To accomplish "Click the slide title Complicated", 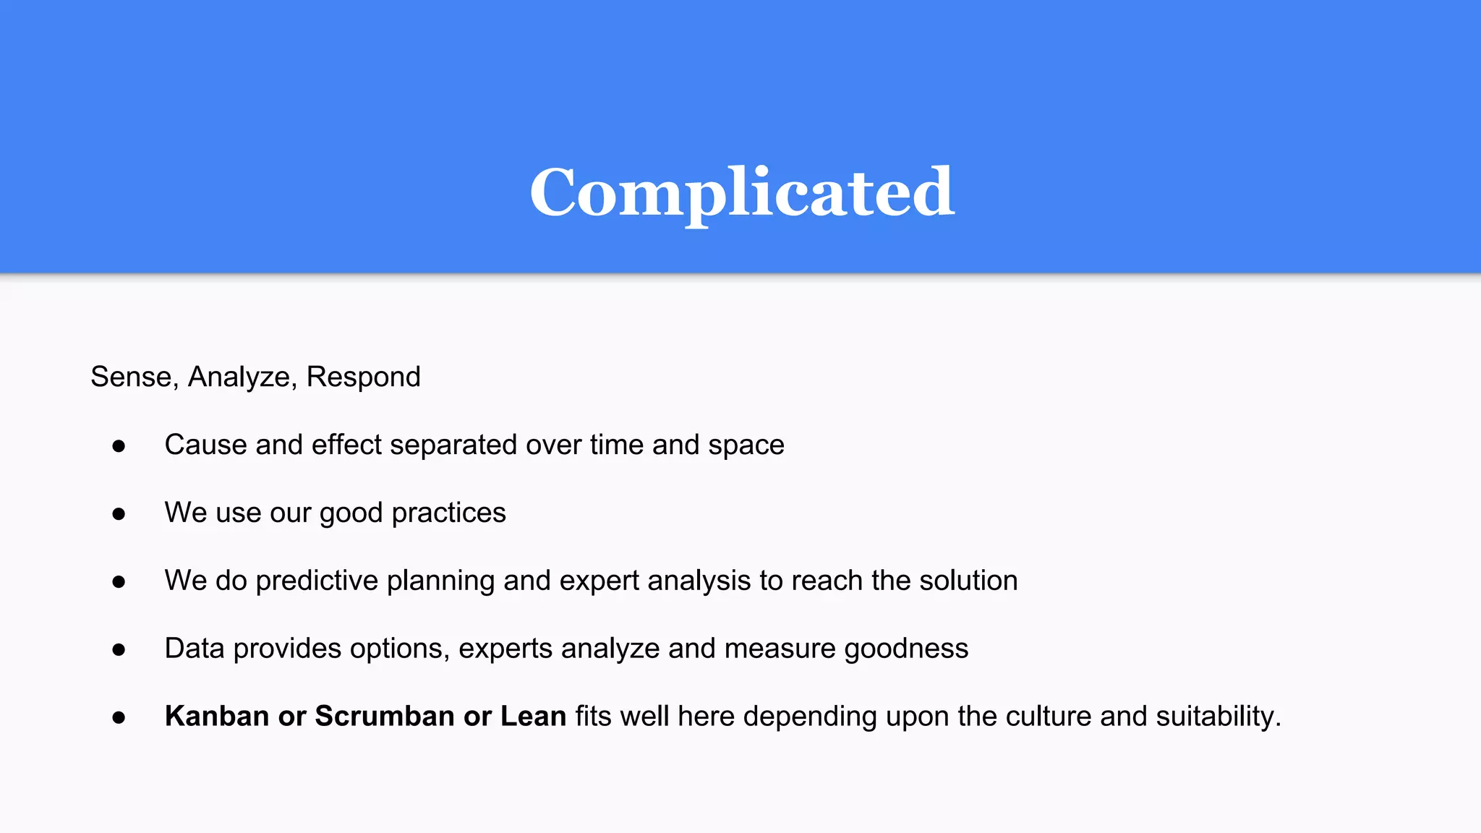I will pyautogui.click(x=742, y=192).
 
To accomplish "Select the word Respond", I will pyautogui.click(x=363, y=377).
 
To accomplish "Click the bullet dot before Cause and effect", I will pyautogui.click(x=119, y=446).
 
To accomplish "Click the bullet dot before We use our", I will pyautogui.click(x=119, y=514).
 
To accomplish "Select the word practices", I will pyautogui.click(x=448, y=513).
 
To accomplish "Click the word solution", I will pyautogui.click(x=968, y=581).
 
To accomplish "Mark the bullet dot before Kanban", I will pyautogui.click(x=119, y=718).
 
